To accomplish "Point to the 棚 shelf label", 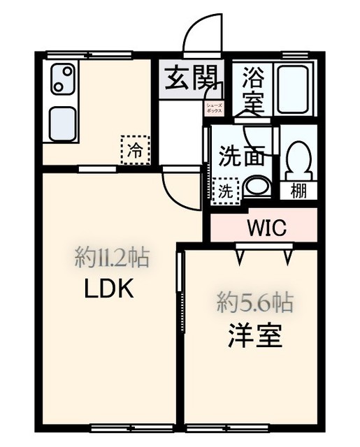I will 299,191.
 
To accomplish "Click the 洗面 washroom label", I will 241,155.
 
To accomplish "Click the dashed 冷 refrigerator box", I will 135,149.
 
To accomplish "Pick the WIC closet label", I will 266,227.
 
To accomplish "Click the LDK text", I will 108,288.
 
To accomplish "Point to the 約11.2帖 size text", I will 112,259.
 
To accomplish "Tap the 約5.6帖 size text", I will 254,302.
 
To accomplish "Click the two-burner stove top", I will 61,78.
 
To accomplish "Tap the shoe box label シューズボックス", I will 213,108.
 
